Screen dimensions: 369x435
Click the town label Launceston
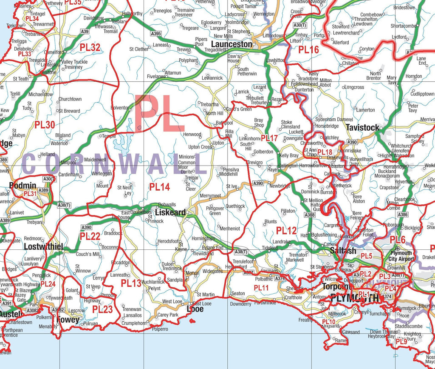(x=232, y=44)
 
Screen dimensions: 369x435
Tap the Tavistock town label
(x=362, y=128)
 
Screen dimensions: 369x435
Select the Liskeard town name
(x=170, y=212)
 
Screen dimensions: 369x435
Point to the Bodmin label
(x=23, y=186)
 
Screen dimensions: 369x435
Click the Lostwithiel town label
(x=43, y=247)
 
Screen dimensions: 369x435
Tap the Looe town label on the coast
(x=195, y=309)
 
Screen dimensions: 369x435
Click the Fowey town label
(x=68, y=320)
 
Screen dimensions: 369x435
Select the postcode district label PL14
(x=159, y=186)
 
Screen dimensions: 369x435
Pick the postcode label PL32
(x=90, y=48)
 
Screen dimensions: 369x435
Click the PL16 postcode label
(x=308, y=50)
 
